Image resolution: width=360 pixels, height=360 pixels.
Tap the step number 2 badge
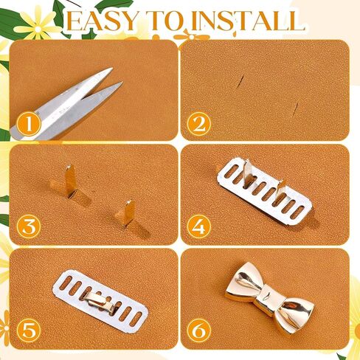click(197, 123)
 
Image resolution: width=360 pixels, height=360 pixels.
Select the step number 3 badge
click(27, 226)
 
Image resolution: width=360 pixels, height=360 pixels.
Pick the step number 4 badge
click(197, 226)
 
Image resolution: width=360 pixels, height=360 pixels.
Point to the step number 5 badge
click(27, 330)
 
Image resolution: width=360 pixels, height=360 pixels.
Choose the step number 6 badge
click(197, 330)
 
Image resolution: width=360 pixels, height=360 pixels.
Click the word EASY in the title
click(108, 20)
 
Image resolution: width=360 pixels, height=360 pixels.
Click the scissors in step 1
click(74, 103)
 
